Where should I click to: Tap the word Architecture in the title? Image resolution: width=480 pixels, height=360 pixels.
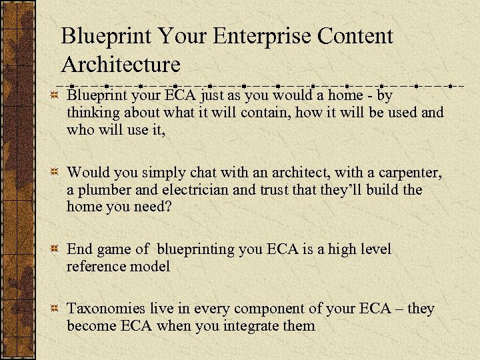point(121,65)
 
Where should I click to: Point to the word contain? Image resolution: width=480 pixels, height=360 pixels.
point(263,113)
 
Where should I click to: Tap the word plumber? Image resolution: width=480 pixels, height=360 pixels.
point(105,190)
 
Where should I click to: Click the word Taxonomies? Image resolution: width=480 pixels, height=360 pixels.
point(107,309)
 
